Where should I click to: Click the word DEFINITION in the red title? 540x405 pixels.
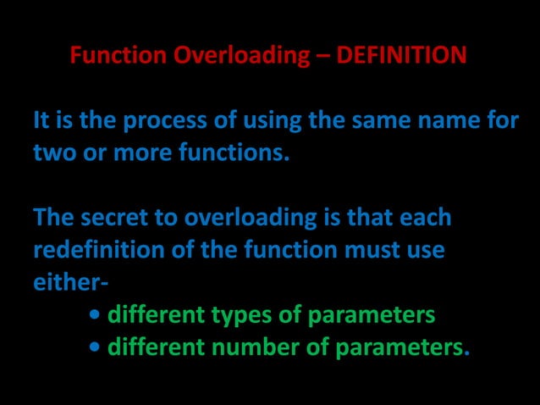[x=401, y=56]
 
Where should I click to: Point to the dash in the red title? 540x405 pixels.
[x=323, y=56]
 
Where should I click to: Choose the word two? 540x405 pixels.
[x=53, y=154]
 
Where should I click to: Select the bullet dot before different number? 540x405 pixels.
[x=95, y=348]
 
